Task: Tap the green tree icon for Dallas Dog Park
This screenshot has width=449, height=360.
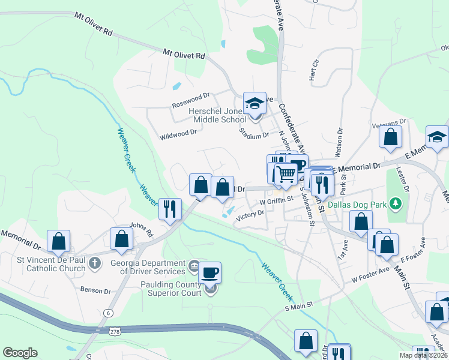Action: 395,205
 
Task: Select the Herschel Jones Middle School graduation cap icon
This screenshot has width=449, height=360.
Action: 255,103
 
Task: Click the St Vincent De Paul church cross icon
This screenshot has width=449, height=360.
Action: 94,263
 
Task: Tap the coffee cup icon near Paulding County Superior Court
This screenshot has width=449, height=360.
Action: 209,273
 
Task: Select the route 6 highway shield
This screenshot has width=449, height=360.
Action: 108,313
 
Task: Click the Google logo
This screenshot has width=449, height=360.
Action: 20,353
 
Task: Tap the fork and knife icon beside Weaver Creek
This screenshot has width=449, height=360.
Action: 170,209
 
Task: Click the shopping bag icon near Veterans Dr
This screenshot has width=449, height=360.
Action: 390,137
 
